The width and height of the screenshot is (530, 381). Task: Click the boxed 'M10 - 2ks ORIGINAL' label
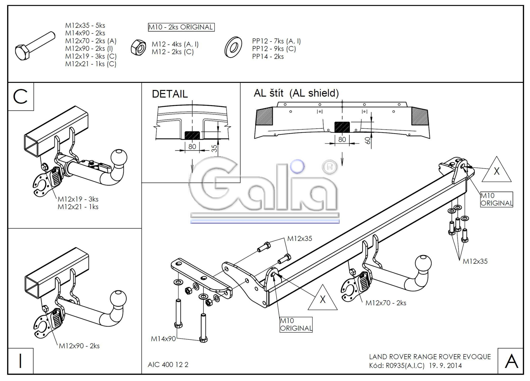pos(181,27)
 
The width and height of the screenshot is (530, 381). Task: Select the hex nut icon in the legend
pos(138,48)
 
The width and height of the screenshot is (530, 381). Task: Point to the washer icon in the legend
pos(233,48)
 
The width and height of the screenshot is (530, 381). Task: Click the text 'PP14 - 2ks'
pos(268,57)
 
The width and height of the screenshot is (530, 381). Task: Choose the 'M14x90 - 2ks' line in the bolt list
pos(85,33)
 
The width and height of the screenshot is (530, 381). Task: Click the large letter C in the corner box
pos(20,97)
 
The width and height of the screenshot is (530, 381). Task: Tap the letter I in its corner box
pos(20,361)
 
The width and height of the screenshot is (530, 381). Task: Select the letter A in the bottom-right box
pos(511,361)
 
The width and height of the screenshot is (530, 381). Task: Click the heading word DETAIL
pos(170,94)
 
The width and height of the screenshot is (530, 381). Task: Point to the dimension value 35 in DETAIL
pos(214,149)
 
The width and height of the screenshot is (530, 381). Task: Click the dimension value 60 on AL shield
pos(368,141)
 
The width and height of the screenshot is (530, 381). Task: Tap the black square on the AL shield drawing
pos(342,127)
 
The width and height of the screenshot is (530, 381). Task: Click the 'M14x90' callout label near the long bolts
pos(163,339)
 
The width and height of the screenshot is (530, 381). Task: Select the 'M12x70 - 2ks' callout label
pos(386,303)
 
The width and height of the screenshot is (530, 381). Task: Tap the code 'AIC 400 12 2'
pos(168,365)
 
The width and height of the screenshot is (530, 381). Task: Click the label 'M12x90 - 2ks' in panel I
pos(79,346)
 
